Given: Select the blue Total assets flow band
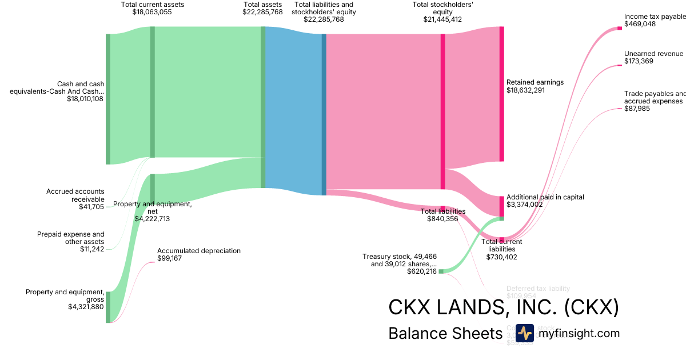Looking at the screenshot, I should (293, 109).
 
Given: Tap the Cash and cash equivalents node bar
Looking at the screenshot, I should (107, 99).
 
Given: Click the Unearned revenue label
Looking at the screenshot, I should (653, 54).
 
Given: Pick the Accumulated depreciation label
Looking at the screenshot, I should (199, 250).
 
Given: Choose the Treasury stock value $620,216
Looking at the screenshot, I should (422, 271).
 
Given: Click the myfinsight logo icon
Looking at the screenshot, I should (524, 333).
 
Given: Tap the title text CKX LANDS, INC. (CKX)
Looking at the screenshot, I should (503, 307).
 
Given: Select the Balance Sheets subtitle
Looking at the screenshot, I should (444, 333).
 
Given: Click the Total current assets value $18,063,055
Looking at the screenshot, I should (152, 11).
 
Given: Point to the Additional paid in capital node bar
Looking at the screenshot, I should (501, 206).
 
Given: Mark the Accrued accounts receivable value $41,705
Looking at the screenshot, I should (91, 207).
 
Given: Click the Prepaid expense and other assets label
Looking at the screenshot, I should (71, 238).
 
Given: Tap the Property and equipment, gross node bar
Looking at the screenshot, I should (107, 307).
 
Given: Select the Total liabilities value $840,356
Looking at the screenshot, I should (442, 218).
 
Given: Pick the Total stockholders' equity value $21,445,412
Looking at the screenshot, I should (442, 19).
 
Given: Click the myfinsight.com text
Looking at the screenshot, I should (578, 333).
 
